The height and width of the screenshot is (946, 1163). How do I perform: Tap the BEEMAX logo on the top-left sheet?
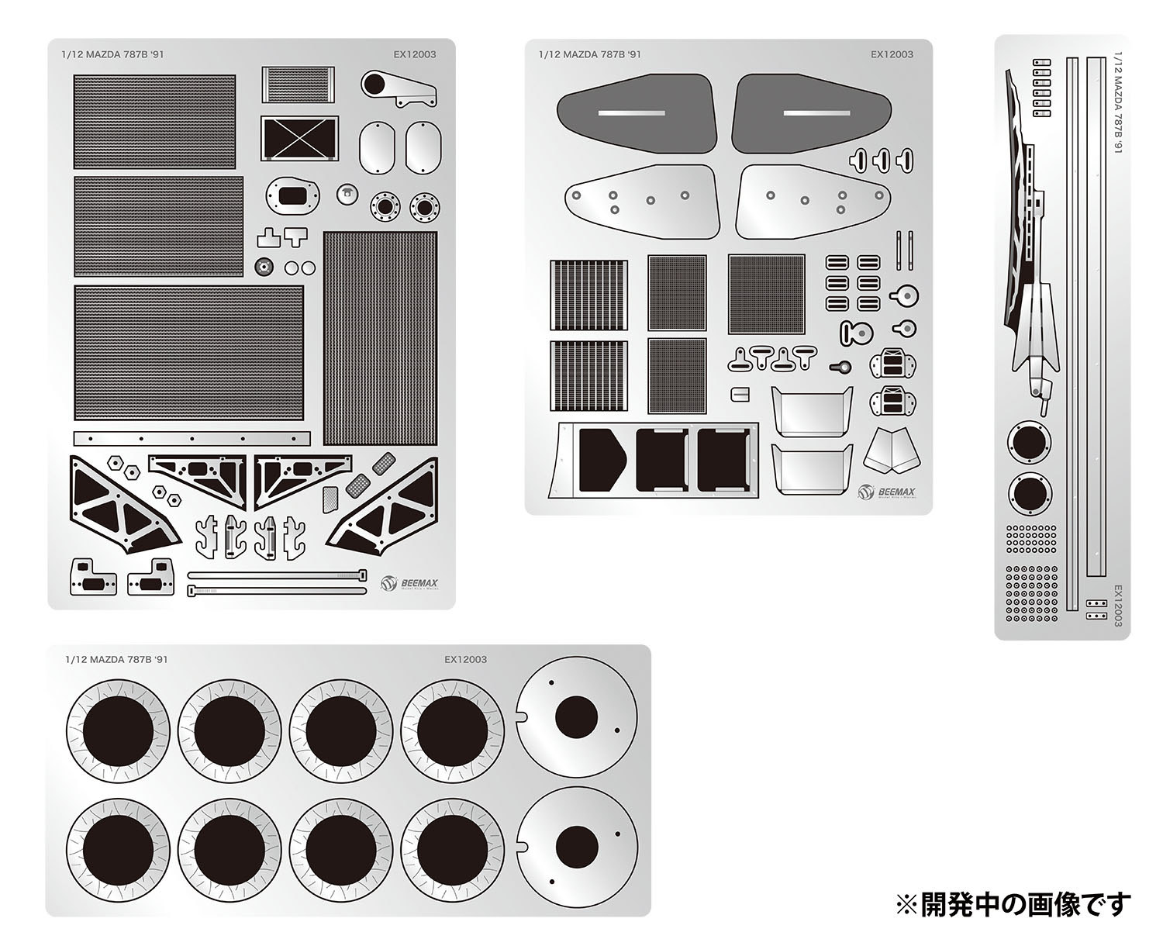(x=410, y=582)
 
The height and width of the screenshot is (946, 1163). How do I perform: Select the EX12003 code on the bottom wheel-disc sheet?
(x=465, y=659)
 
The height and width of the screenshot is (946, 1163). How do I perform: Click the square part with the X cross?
(x=299, y=139)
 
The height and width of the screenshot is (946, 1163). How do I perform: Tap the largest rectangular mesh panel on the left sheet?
(x=189, y=351)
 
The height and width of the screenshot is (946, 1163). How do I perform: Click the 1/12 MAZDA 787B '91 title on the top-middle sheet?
(x=589, y=54)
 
